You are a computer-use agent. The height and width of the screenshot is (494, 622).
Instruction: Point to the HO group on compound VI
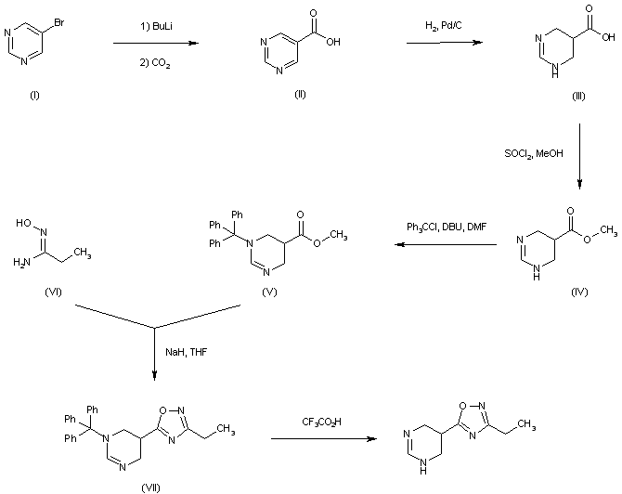(x=26, y=220)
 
